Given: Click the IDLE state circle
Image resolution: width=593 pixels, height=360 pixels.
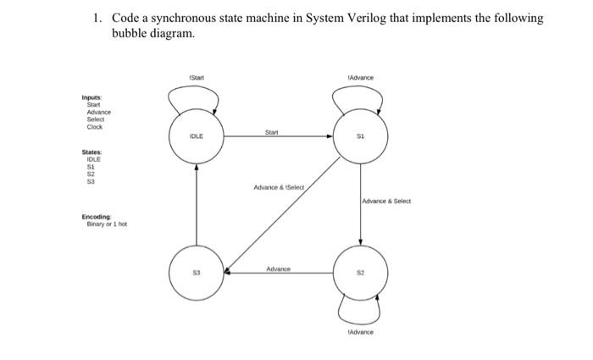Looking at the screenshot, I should (x=197, y=136).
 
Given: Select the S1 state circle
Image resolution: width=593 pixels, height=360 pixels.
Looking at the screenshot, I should (x=360, y=136).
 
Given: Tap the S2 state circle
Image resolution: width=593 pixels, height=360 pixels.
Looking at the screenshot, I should (x=360, y=274).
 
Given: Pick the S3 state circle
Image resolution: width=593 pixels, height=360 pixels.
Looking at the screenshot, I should (x=197, y=274).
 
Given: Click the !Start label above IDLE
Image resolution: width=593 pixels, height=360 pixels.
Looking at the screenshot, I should (x=197, y=78).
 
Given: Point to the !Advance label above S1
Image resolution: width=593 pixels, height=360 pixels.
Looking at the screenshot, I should (x=360, y=78).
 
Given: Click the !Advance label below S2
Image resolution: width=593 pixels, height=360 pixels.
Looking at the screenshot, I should (x=360, y=333).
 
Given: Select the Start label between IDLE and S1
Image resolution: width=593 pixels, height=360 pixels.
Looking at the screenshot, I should (x=271, y=131).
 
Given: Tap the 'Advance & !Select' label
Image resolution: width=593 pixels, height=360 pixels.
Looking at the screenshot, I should (x=278, y=187).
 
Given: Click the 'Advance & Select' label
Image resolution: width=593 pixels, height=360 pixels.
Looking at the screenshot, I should (x=386, y=202).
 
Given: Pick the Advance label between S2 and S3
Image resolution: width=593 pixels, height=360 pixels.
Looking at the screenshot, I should (x=278, y=269).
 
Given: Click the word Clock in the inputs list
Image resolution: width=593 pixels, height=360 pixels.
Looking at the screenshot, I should (x=95, y=127).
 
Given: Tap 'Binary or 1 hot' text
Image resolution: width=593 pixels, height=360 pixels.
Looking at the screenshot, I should (x=105, y=224).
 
